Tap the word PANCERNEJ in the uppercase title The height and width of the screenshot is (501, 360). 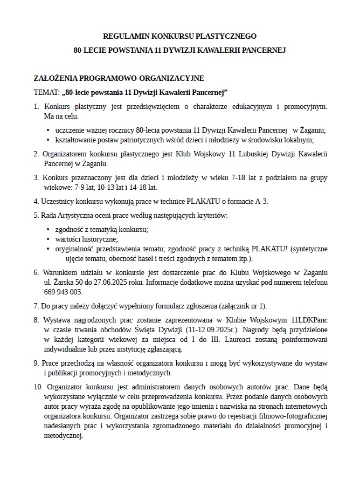point(261,50)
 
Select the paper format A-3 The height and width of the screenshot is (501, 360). point(260,202)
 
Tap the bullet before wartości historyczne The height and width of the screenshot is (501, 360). point(49,239)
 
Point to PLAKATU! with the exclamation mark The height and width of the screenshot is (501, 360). point(270,249)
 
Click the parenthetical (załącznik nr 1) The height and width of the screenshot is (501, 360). point(244,305)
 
